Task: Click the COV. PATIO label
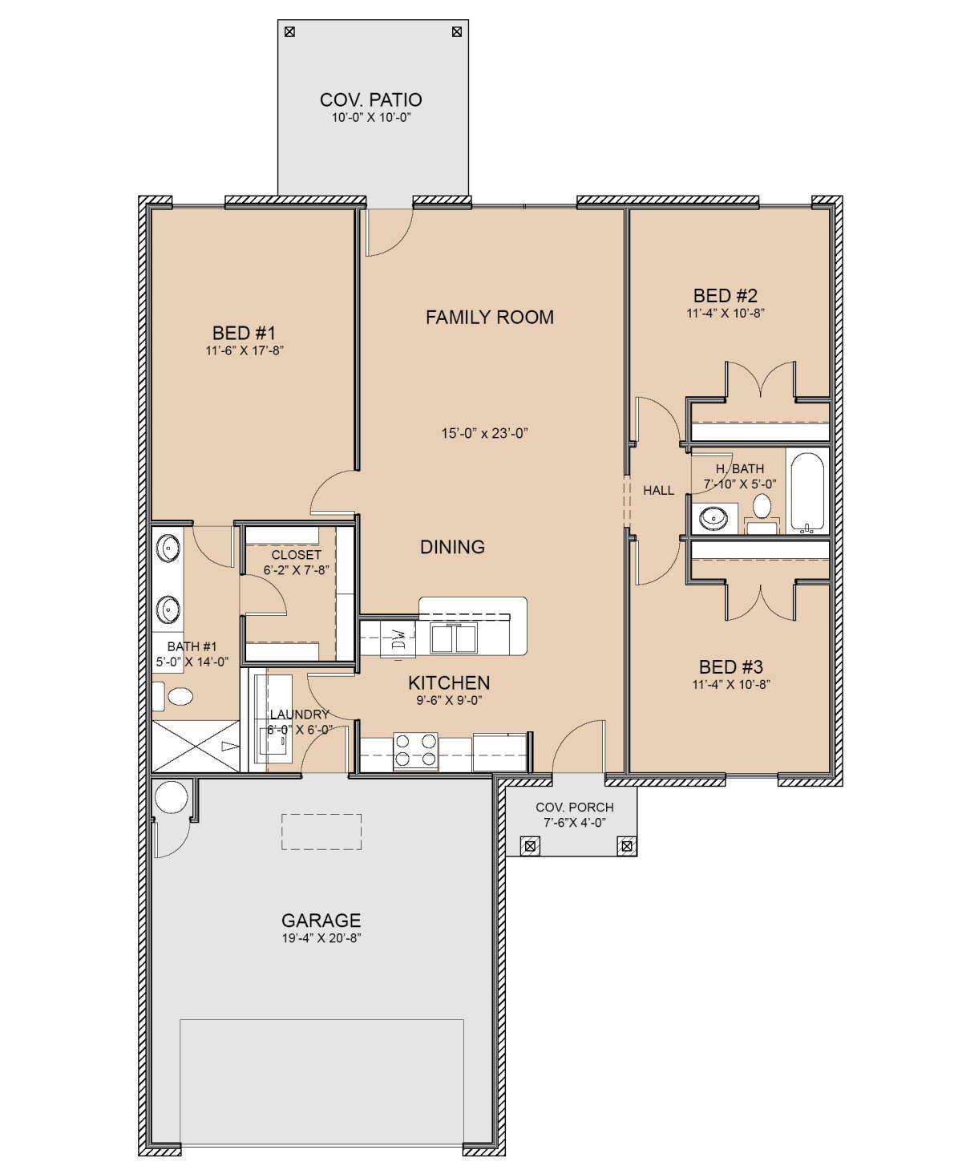click(x=370, y=100)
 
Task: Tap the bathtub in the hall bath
click(x=806, y=493)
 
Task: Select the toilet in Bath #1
click(x=173, y=696)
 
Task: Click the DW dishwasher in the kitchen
click(x=398, y=638)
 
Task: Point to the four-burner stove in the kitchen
click(x=415, y=751)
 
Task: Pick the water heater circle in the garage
click(x=172, y=798)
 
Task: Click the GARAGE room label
click(x=321, y=920)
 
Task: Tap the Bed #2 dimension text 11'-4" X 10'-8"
click(x=726, y=314)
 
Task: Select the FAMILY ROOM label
click(x=490, y=318)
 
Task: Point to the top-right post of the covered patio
click(x=457, y=32)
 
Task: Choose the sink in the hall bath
click(x=713, y=519)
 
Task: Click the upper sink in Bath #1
click(x=168, y=549)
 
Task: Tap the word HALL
click(x=659, y=491)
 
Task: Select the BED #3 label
click(x=731, y=667)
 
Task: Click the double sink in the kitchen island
click(x=454, y=638)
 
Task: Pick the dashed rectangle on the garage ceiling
click(x=321, y=832)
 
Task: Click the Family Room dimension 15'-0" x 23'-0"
click(x=485, y=434)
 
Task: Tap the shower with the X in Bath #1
click(x=196, y=746)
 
